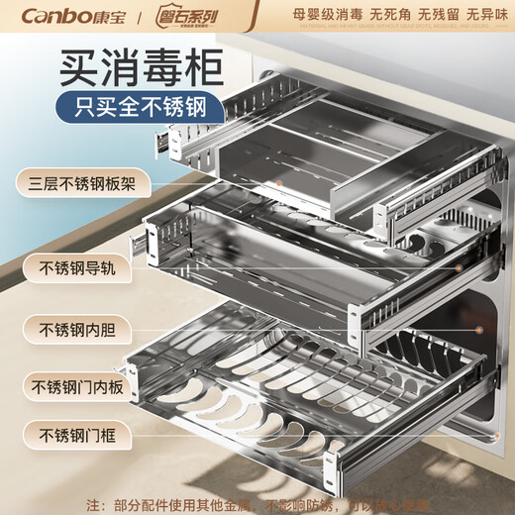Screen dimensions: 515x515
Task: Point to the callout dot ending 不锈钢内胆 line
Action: [x=480, y=328]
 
